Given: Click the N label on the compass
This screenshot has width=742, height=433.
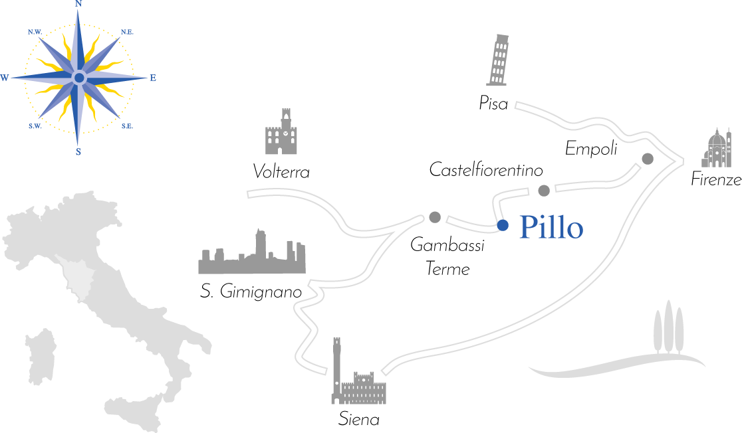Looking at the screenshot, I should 78,3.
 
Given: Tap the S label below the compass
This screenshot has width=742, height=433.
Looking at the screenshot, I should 78,151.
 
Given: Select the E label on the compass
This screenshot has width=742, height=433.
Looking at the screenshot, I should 153,78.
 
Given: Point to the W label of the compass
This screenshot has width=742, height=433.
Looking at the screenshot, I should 5,78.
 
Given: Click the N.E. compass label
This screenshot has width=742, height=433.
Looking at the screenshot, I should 126,32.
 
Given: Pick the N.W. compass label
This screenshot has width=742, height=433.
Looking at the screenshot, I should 35,32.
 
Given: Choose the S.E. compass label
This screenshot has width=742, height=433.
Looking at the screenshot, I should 127,126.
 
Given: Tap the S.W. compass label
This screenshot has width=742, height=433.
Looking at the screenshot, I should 35,126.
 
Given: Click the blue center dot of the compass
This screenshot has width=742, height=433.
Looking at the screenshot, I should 79,78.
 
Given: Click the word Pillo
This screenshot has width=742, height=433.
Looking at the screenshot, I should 551,228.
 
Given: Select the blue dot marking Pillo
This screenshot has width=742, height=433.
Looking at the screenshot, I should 503,225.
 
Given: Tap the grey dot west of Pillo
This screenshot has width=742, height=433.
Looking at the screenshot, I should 435,217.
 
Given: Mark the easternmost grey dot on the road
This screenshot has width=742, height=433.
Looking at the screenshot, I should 648,159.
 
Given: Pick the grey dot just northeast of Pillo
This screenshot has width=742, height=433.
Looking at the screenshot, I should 544,191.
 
